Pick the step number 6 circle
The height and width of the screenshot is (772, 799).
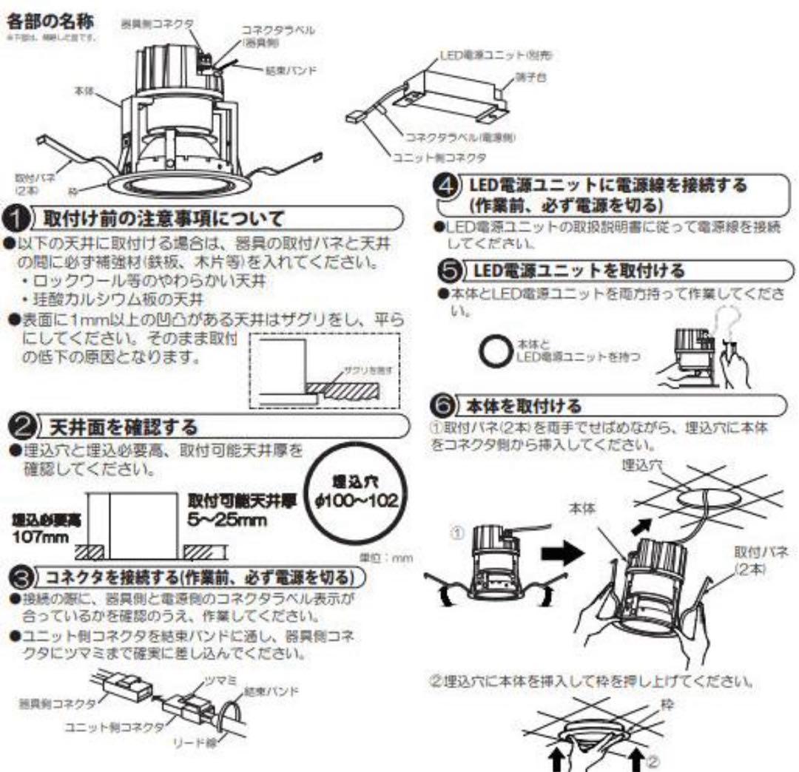pos(442,405)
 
